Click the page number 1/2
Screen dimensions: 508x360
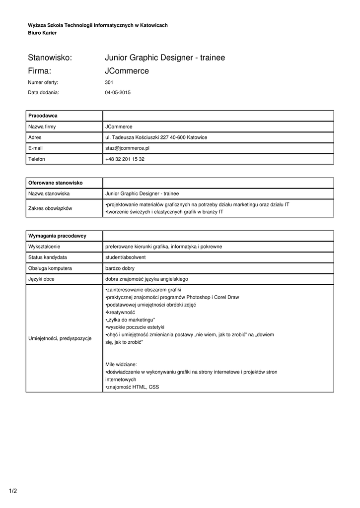click(x=13, y=491)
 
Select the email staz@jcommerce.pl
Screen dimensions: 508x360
click(x=128, y=148)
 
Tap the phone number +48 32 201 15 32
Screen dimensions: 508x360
click(x=125, y=159)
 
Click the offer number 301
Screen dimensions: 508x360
click(x=109, y=82)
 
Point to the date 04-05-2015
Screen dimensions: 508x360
click(x=118, y=92)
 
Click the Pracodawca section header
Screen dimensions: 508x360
click(x=43, y=116)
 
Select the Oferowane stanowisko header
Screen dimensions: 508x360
click(x=55, y=183)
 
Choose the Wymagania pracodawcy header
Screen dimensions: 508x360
click(x=57, y=236)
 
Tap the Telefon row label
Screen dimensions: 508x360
click(x=37, y=159)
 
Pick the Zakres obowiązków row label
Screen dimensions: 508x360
click(x=50, y=208)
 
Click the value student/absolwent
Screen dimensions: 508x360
click(x=125, y=257)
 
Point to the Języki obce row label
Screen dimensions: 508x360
click(x=42, y=279)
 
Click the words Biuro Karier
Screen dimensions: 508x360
click(x=42, y=33)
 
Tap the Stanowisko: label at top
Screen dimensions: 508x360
click(x=50, y=58)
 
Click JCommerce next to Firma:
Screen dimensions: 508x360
click(x=127, y=71)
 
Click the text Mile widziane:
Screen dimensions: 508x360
click(x=121, y=364)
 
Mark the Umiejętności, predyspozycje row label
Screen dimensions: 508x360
click(x=60, y=338)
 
